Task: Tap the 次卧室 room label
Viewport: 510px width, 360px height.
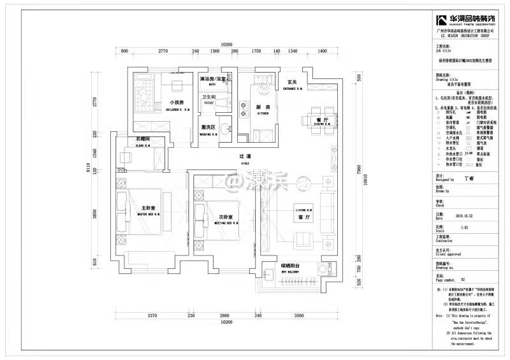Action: [x=223, y=217]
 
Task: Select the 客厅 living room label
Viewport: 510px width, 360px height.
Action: [x=303, y=218]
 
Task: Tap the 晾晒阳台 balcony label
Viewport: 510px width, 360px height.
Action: [x=290, y=266]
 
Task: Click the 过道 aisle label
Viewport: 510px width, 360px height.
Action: [x=245, y=157]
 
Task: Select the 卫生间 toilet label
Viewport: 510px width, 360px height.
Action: [x=209, y=97]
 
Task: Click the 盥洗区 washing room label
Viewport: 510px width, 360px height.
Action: [x=208, y=127]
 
